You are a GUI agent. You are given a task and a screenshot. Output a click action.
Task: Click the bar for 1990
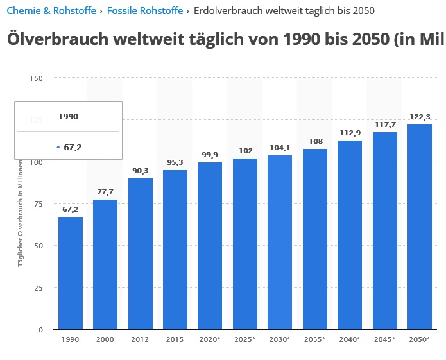click(x=71, y=273)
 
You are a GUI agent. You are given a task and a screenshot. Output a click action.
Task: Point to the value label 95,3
click(x=175, y=163)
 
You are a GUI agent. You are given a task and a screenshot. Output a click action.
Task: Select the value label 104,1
click(x=280, y=148)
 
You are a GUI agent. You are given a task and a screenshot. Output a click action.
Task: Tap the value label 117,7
click(x=385, y=125)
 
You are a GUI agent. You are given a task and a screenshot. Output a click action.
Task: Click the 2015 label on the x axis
click(x=175, y=339)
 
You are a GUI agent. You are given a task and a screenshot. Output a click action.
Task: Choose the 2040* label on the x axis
click(x=350, y=339)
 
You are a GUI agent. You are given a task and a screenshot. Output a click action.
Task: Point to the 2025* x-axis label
click(x=245, y=339)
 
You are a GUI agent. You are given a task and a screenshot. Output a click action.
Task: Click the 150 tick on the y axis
click(x=37, y=78)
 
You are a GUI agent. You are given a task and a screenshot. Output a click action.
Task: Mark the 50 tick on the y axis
click(x=39, y=246)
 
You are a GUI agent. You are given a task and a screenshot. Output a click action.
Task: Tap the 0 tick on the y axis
click(x=40, y=330)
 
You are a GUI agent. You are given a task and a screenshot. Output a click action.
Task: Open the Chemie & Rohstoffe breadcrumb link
click(x=51, y=11)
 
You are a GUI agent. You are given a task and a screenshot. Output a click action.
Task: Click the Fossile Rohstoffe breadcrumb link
click(x=145, y=11)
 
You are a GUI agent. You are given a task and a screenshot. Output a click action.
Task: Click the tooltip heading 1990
click(x=68, y=117)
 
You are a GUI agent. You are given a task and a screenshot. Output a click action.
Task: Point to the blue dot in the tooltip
click(x=58, y=148)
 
